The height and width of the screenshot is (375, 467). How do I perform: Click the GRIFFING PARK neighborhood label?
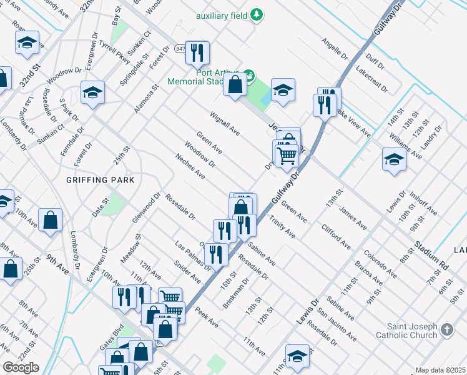pos(99,179)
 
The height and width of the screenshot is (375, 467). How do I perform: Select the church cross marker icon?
pos(446,329)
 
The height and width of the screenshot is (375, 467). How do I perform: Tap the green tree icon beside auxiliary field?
pos(256,15)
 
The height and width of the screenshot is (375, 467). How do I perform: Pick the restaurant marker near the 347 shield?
pos(198,54)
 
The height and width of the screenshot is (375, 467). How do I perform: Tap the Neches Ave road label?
pos(190,166)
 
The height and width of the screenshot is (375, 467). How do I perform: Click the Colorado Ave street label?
pos(380,262)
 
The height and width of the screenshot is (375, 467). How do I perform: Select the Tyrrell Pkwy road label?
pos(114,56)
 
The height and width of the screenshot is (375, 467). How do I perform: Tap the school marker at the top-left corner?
pos(27,43)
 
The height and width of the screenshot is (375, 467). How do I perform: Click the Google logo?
pos(21,367)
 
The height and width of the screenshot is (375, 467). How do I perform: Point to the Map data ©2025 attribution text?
pos(440,370)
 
